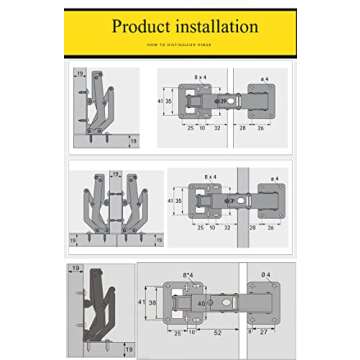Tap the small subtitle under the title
180,45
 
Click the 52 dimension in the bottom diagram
217,331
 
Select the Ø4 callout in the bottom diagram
265,274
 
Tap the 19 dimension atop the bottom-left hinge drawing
76,269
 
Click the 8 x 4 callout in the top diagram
200,76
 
